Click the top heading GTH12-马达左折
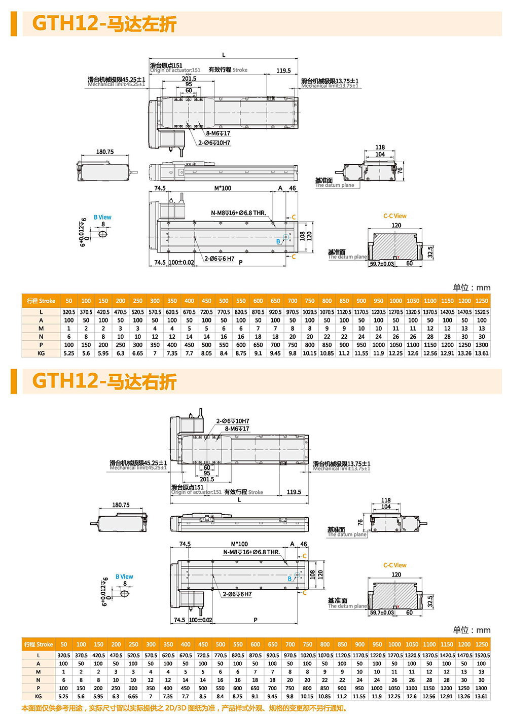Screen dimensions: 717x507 104,24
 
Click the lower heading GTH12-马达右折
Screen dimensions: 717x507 104,382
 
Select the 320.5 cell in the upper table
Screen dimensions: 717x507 69,312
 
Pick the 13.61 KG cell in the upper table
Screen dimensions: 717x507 482,353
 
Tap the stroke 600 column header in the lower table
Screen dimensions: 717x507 255,644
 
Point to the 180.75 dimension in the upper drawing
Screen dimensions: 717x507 105,152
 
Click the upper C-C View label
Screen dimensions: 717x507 395,216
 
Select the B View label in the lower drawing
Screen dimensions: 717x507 124,577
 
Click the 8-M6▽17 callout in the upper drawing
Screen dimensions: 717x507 218,133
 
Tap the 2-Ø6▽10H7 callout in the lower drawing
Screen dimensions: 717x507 233,421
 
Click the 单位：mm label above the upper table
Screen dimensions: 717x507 472,288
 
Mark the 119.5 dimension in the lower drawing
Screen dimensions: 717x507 294,492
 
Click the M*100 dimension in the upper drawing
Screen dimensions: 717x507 223,188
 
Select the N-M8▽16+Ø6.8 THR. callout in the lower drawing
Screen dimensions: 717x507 251,552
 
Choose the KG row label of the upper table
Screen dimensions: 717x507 41,353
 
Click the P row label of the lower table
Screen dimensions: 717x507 38,688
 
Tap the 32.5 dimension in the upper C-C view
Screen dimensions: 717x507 430,252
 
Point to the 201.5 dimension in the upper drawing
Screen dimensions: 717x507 189,79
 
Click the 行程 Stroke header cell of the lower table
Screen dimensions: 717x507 39,644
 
